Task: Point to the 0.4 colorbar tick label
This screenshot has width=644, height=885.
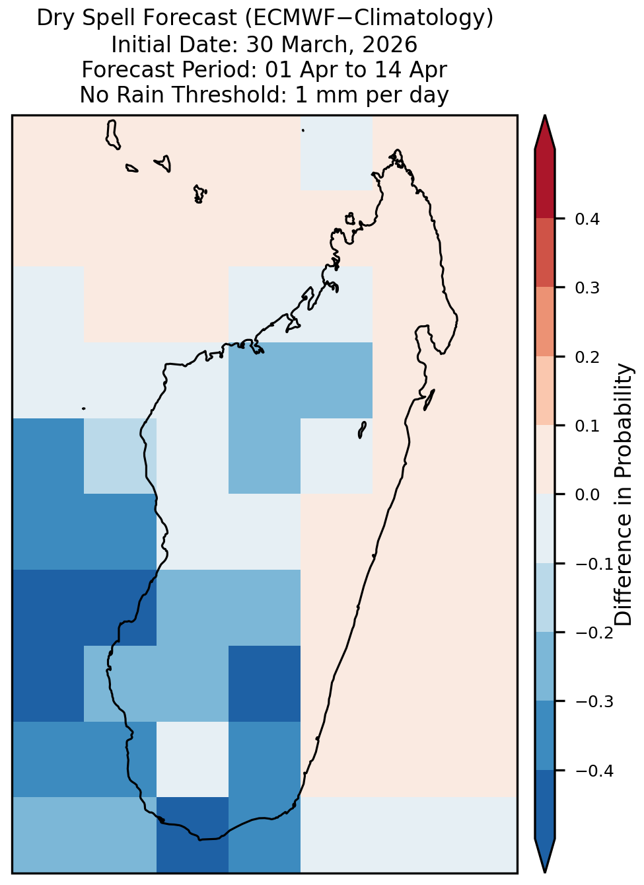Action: pos(587,219)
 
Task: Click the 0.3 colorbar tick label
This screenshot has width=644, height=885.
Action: pos(587,288)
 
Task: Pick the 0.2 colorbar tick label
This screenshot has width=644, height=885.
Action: pos(587,357)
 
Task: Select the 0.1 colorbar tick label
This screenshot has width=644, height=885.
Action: pos(587,426)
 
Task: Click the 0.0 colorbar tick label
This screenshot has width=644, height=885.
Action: pos(587,495)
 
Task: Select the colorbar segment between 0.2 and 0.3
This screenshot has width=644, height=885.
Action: pos(544,322)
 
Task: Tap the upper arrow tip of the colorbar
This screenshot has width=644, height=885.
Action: pos(545,116)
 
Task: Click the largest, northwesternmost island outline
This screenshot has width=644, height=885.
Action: pos(112,135)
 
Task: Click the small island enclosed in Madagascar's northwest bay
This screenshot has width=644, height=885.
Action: pos(349,219)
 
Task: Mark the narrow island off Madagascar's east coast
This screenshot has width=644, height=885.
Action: pos(429,399)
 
